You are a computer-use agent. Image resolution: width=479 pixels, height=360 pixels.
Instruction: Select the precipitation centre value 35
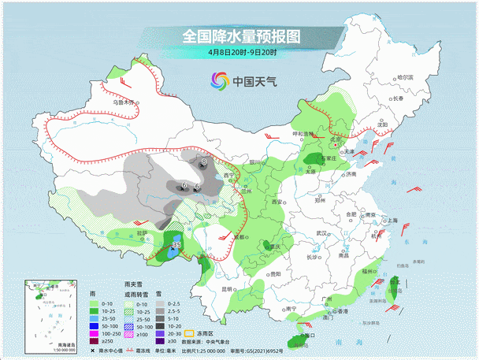176,246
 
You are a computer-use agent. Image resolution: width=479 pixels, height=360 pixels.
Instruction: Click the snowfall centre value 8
204,161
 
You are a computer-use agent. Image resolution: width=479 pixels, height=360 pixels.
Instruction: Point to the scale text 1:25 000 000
227,347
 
